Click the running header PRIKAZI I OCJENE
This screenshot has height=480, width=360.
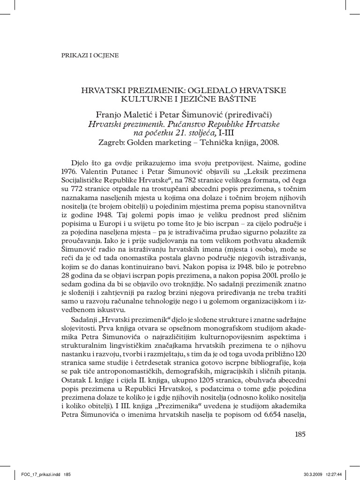click(x=90, y=55)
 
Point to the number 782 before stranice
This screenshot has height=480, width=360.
click(x=196, y=180)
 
